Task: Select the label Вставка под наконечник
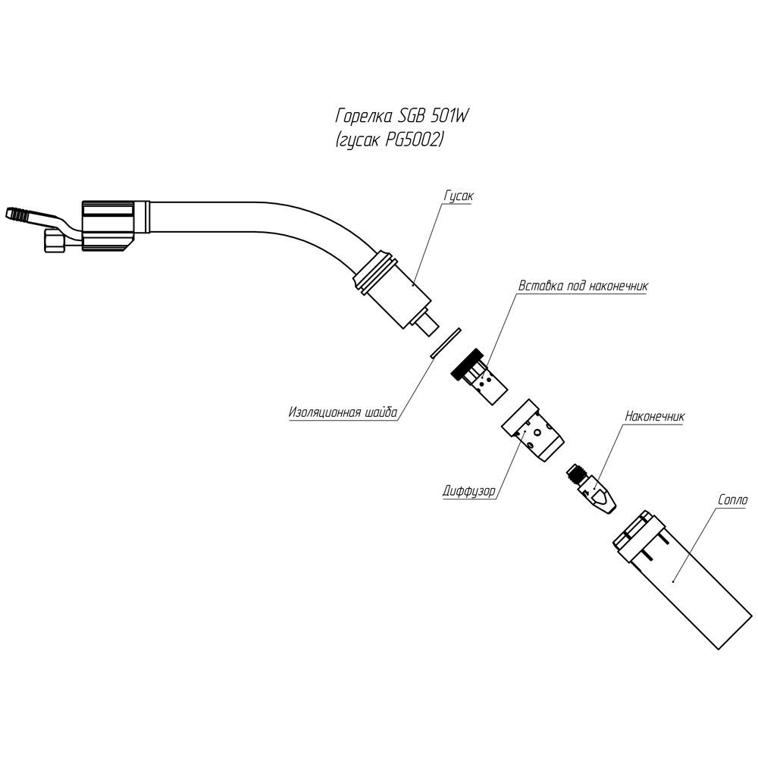(581, 287)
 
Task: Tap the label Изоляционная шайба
(343, 414)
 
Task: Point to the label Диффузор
(468, 490)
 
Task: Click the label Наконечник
(654, 416)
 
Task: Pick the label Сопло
(731, 500)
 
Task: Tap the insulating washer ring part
(446, 342)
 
